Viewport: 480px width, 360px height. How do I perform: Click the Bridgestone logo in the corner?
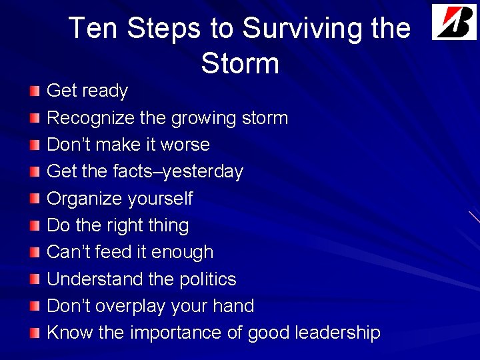tap(454, 22)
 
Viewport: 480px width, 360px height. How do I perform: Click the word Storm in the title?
tap(240, 64)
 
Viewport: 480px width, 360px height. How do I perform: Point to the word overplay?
tap(129, 306)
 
